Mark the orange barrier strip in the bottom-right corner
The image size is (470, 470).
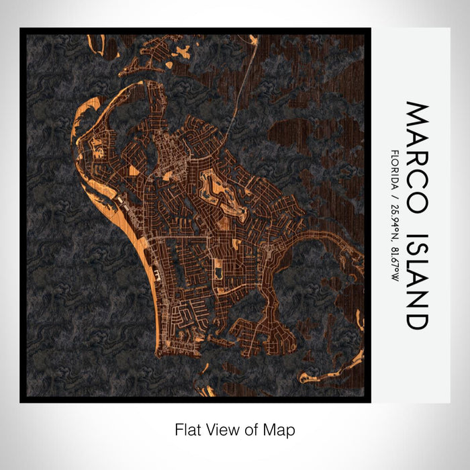336,369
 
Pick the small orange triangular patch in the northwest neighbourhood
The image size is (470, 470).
134,171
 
